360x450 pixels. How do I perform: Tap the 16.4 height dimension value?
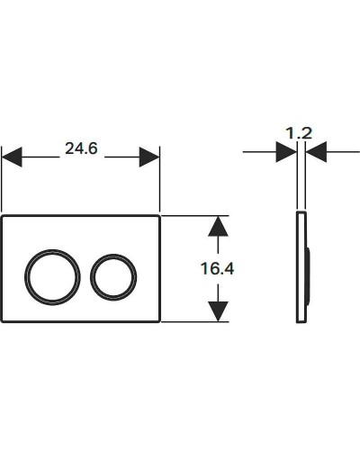click(x=216, y=269)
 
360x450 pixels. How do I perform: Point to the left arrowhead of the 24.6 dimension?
click(x=11, y=157)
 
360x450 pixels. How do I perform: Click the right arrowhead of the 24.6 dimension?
click(x=150, y=157)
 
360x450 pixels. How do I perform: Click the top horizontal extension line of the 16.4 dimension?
click(x=193, y=215)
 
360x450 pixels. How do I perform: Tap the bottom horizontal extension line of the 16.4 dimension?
click(x=193, y=323)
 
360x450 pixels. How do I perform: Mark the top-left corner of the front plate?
click(x=4, y=217)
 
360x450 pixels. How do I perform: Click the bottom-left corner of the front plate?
click(x=4, y=321)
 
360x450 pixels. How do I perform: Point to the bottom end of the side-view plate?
click(x=300, y=321)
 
